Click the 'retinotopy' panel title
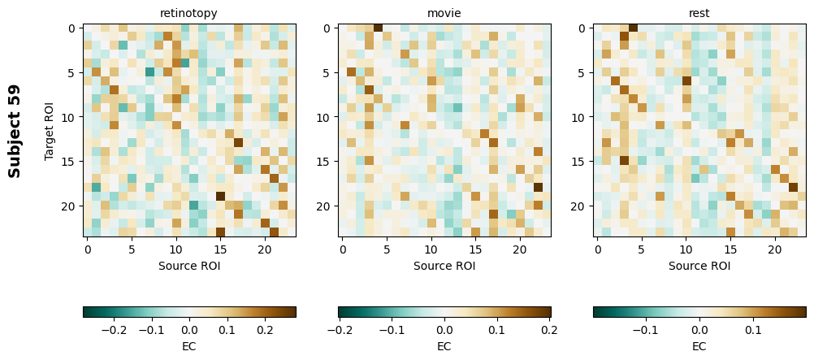point(188,13)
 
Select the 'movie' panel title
point(444,13)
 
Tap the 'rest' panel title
point(699,13)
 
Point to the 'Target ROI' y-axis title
point(50,131)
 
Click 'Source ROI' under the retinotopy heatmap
point(188,266)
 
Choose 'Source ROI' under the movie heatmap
point(444,266)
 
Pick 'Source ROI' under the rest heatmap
point(699,266)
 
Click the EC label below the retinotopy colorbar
point(188,346)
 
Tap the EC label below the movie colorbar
point(444,346)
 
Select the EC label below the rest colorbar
point(699,346)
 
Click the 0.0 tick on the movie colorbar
point(444,331)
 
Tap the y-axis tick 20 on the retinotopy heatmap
point(71,206)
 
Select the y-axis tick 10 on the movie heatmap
point(326,117)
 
